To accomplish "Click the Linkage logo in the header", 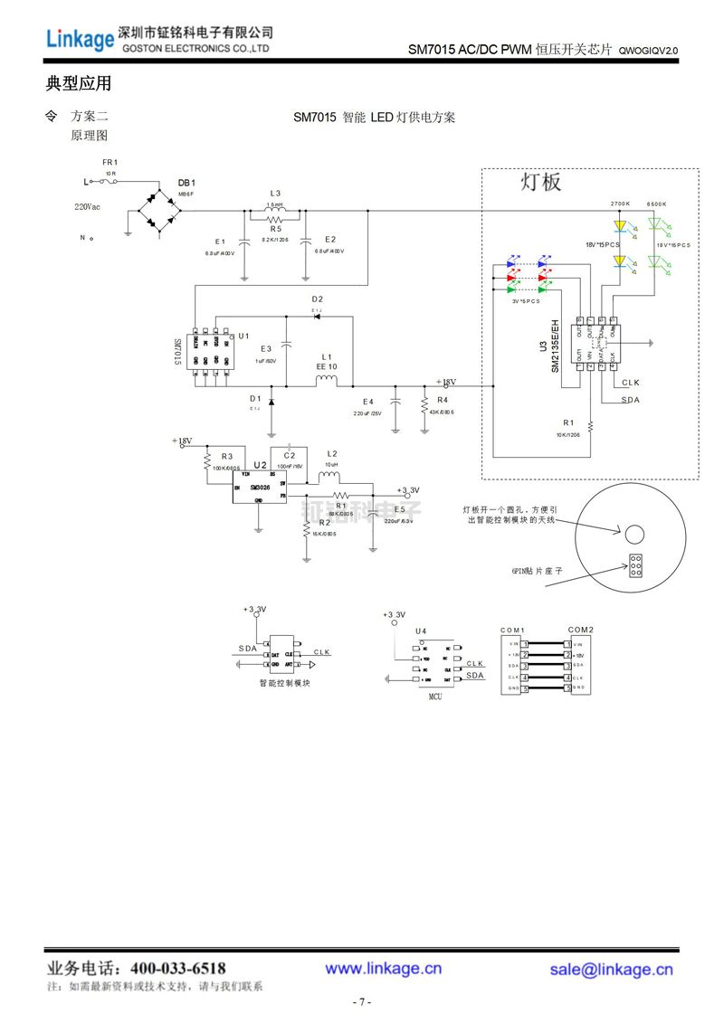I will tap(80, 38).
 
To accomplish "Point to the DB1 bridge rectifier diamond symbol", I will tap(158, 210).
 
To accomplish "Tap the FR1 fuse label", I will tap(110, 162).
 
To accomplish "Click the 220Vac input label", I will tap(88, 206).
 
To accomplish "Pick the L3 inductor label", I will tap(275, 193).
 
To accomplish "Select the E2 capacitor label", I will tap(330, 240).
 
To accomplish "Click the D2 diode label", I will tap(317, 299).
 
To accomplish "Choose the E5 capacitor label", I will tap(399, 509).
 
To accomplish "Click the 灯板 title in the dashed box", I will tap(540, 182).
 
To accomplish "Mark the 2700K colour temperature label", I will tap(620, 204).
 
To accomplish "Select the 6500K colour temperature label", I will tap(657, 204).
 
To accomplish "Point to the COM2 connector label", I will tap(580, 630).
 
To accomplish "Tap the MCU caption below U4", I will tap(436, 697).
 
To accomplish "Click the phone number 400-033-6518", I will tap(178, 968).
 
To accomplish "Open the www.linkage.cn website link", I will tap(384, 969).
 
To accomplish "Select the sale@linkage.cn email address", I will tap(611, 970).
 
